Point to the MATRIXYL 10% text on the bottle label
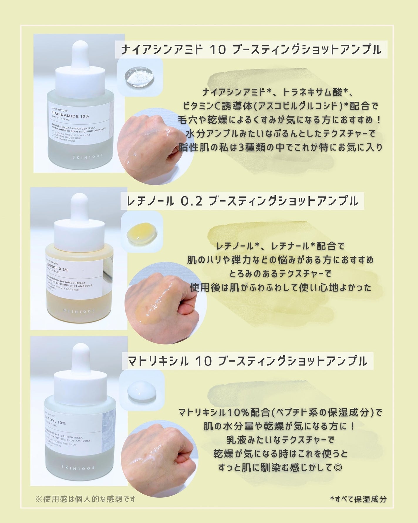pyautogui.click(x=55, y=423)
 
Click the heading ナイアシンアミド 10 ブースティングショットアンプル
pyautogui.click(x=251, y=50)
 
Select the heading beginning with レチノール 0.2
pyautogui.click(x=242, y=201)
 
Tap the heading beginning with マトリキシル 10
pyautogui.click(x=247, y=361)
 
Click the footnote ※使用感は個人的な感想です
pyautogui.click(x=85, y=499)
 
